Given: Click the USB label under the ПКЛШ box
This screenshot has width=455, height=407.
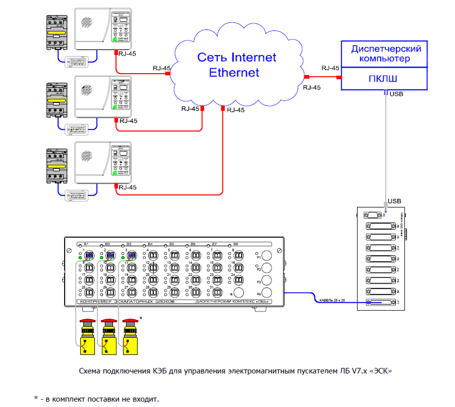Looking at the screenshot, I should tap(396, 94).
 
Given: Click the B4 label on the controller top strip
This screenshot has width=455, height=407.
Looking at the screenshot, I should tap(150, 244).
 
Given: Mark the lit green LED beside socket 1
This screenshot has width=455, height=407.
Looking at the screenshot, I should tap(80, 258).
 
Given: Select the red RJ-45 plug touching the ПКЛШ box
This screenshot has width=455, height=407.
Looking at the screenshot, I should tap(339, 77).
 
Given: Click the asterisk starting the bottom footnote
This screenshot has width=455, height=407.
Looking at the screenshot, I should tap(36, 398).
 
